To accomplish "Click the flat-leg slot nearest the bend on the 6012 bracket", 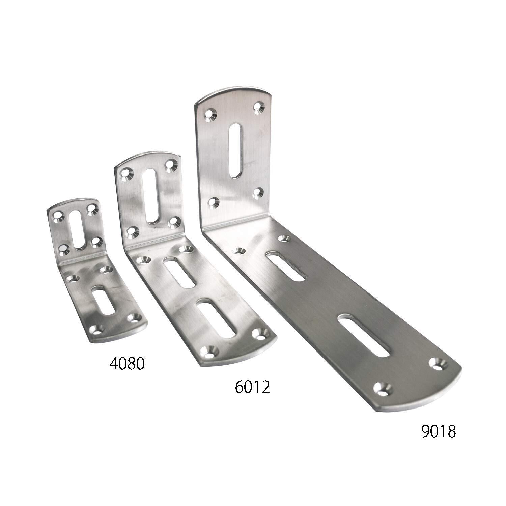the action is [179, 273].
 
